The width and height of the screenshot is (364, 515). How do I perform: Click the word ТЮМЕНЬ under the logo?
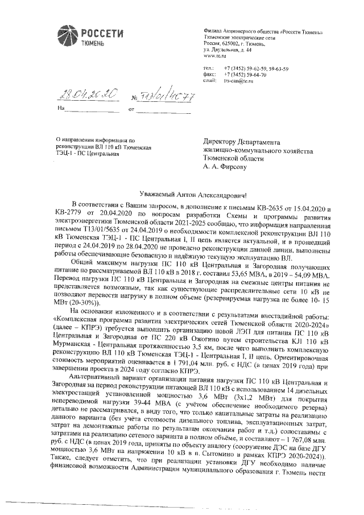pos(92,43)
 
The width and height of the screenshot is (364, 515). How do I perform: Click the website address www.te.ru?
pos(214,56)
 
